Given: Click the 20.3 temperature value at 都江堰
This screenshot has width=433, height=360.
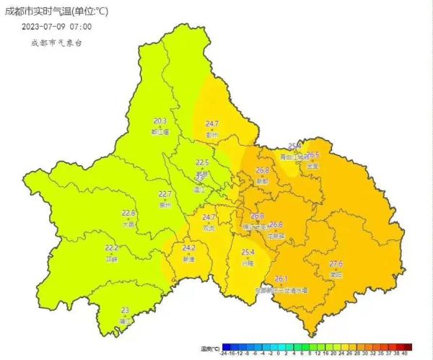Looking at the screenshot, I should [x=160, y=121].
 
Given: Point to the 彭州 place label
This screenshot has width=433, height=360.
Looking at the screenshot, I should [x=211, y=134].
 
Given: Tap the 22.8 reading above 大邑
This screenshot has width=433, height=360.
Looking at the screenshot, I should [x=128, y=213].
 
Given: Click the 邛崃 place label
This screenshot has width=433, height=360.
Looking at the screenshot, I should [x=111, y=258].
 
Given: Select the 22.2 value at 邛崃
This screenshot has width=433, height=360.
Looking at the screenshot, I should [x=111, y=248].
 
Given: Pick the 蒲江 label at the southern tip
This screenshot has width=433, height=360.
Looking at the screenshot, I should [x=126, y=320].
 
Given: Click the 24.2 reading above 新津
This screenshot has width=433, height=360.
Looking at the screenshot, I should [x=189, y=248].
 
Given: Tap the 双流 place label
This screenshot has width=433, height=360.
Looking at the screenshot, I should [x=209, y=227].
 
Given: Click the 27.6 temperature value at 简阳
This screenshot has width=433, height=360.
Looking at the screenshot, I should [x=336, y=265].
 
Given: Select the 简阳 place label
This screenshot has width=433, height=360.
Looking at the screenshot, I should [x=336, y=275].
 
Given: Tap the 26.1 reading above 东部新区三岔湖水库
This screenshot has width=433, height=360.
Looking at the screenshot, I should [x=281, y=279].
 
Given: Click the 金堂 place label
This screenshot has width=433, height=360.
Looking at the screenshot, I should [x=312, y=165].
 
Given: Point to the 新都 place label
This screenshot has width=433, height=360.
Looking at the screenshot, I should [x=262, y=181].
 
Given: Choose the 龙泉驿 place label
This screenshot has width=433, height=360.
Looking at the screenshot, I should [x=275, y=235].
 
